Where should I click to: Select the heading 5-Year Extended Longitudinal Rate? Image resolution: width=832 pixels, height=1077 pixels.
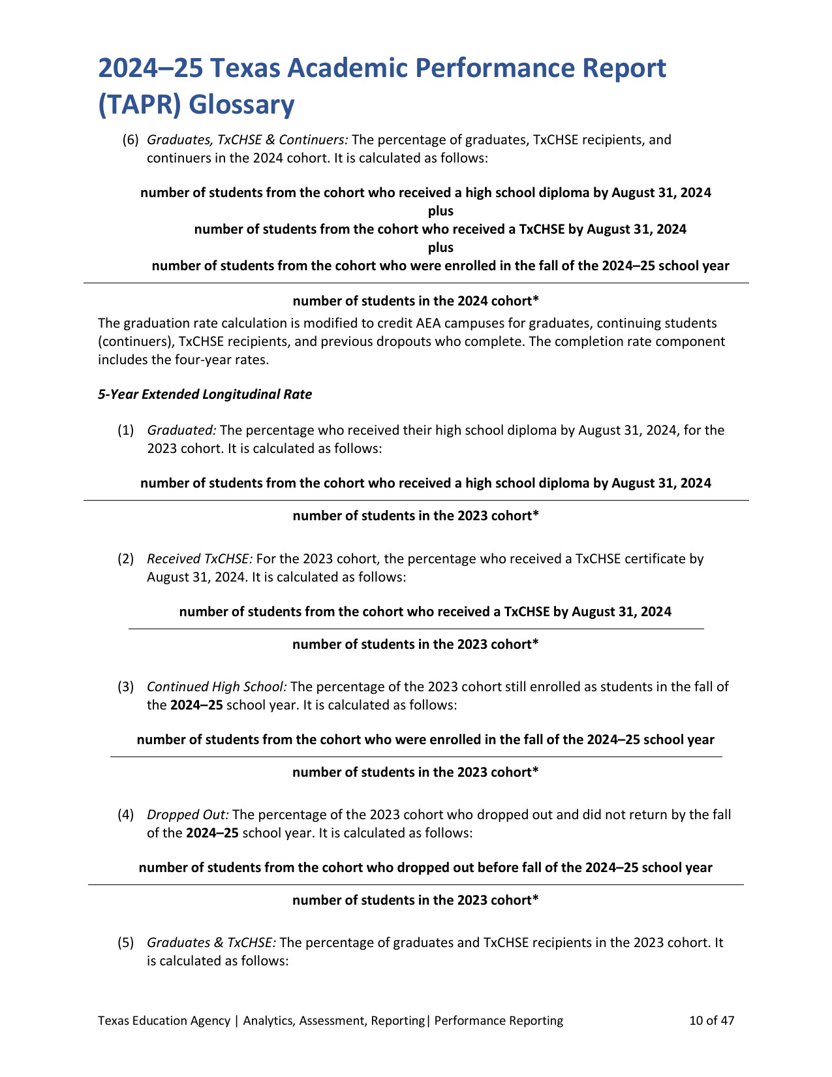point(205,394)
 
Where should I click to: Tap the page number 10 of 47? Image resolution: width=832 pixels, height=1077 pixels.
point(712,1020)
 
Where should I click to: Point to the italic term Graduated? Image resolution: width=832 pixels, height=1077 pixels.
point(182,430)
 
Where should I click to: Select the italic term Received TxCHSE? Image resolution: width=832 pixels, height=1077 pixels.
point(200,559)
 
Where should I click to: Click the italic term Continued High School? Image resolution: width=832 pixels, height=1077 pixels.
point(217,687)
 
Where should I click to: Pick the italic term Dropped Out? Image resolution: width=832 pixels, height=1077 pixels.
point(188,815)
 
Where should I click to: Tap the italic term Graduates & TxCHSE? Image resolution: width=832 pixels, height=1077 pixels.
point(212,943)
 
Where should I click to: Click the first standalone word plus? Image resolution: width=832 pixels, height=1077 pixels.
point(440,211)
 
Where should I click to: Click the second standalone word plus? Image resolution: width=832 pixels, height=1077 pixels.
point(440,247)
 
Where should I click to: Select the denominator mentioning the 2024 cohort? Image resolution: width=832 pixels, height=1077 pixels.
point(416,301)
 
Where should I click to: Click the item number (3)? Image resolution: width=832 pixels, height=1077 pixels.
point(126,687)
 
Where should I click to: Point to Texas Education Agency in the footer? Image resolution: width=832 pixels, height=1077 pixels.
point(164,1020)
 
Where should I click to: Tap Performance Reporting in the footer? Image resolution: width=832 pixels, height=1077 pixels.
point(499,1020)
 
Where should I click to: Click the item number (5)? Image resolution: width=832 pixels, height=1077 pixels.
point(126,943)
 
